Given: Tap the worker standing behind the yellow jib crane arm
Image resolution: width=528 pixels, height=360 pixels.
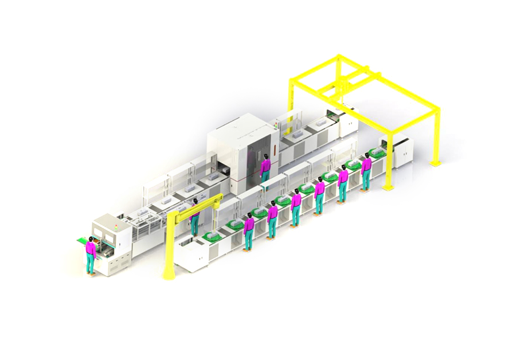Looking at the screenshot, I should coord(195,215).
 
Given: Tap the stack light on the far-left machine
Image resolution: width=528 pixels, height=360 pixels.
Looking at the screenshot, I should coord(115,227).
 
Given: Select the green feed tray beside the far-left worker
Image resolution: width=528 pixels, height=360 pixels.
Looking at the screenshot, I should coord(80,240).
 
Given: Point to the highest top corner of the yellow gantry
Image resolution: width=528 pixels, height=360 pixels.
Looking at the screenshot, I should coord(338,56).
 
